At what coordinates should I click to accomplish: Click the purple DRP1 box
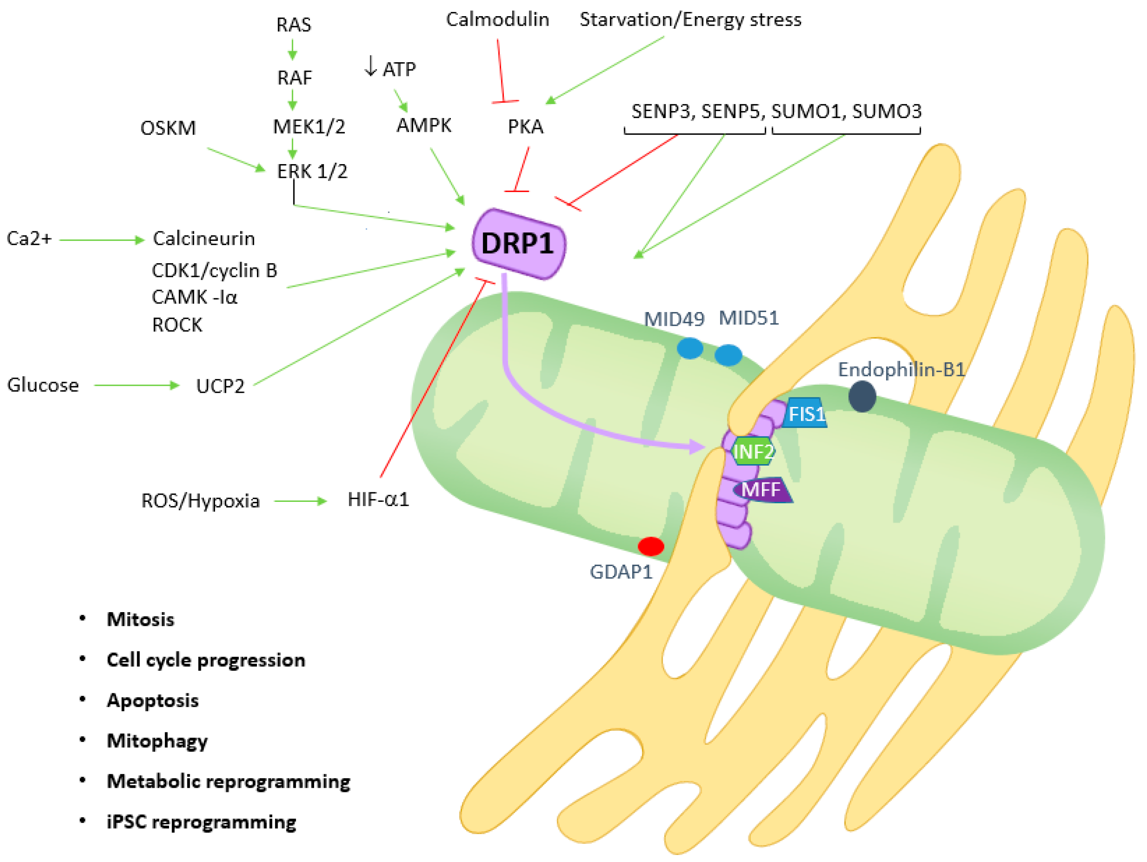tap(518, 243)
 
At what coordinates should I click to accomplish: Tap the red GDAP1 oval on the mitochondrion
tap(650, 546)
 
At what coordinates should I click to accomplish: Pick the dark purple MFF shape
tap(761, 489)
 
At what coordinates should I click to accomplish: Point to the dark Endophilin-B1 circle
tap(862, 397)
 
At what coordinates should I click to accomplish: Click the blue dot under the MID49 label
tap(690, 349)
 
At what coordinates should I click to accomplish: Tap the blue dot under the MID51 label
tap(728, 355)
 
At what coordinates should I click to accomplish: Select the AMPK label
tap(423, 125)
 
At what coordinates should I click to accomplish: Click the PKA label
tap(525, 126)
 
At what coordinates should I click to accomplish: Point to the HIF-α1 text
tap(378, 499)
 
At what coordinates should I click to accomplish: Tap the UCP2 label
tap(220, 386)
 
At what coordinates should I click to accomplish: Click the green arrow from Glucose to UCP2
tap(136, 385)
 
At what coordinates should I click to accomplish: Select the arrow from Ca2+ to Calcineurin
tap(101, 240)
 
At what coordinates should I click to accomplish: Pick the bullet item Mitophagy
tap(157, 741)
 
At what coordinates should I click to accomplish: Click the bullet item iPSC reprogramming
tap(201, 821)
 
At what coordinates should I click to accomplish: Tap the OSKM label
tap(168, 128)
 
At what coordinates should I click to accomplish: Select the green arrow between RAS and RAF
tap(293, 50)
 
